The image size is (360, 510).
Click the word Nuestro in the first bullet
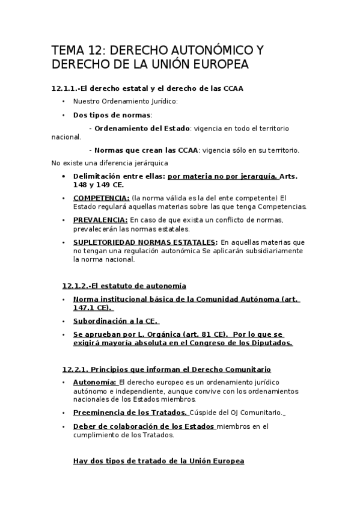pos(86,101)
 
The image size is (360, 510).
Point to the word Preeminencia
pos(101,413)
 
